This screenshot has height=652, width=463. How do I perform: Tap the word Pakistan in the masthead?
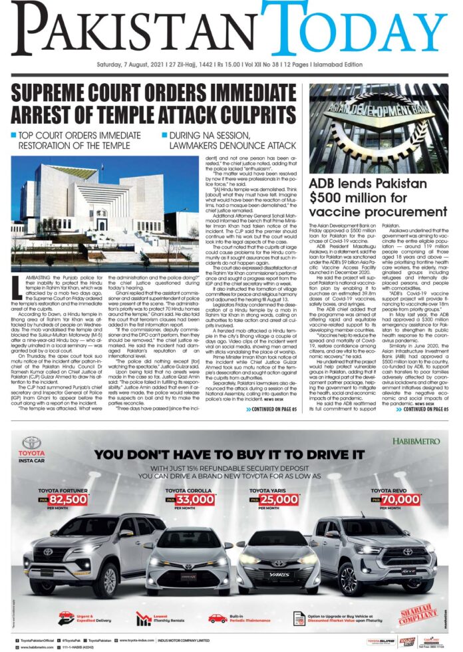[133, 27]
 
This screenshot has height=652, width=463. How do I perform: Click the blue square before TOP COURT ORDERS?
[14, 136]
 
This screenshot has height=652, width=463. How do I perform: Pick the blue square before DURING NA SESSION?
[164, 136]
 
